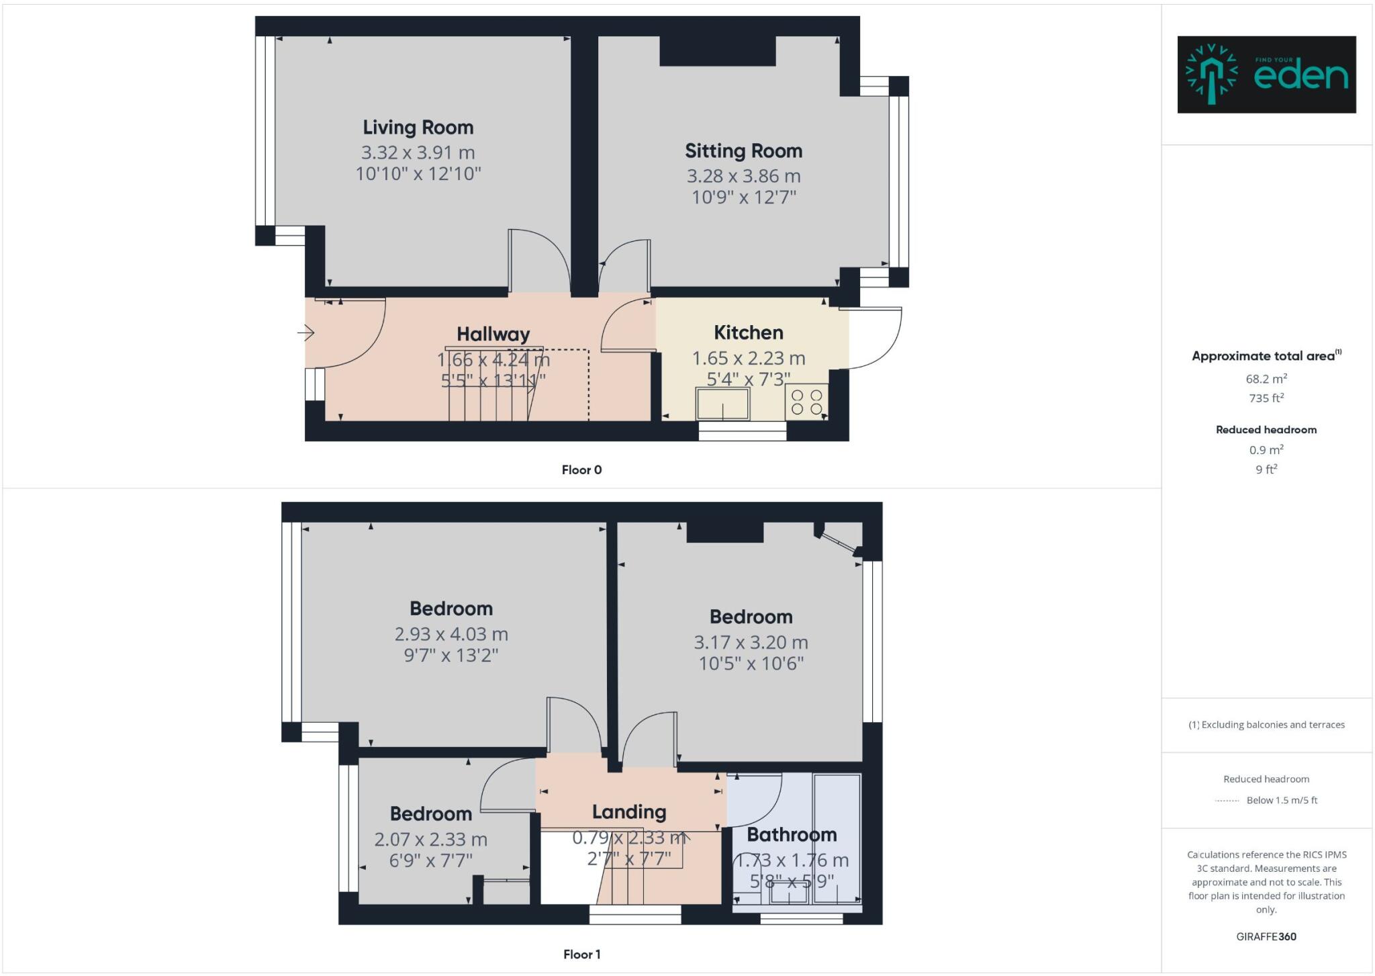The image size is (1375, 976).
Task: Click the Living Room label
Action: pos(418,128)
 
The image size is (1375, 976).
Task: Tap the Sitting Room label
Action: pos(743,151)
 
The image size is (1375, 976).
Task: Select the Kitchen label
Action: pos(748,332)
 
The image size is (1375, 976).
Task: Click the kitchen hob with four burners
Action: pos(806,402)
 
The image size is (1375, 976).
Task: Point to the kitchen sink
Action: pos(722,404)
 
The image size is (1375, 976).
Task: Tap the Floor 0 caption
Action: pos(581,470)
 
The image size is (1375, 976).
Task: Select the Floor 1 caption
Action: pos(581,955)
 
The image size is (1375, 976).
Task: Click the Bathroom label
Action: pos(792,835)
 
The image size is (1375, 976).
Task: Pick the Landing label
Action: pos(629,812)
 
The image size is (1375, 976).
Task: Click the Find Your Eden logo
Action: pos(1266,75)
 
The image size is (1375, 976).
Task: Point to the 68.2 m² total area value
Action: pos(1266,379)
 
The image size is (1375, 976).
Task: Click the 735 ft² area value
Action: pos(1266,398)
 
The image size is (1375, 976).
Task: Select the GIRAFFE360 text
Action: pos(1266,936)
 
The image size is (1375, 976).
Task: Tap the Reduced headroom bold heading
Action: pos(1266,430)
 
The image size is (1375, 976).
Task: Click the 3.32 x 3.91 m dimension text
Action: pos(418,152)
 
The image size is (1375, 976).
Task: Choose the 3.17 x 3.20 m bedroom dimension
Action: pos(751,643)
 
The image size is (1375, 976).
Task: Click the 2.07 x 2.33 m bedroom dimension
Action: pos(430,840)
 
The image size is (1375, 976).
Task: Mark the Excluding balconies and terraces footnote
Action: pos(1266,725)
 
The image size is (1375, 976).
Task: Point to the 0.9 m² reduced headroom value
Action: pos(1266,450)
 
